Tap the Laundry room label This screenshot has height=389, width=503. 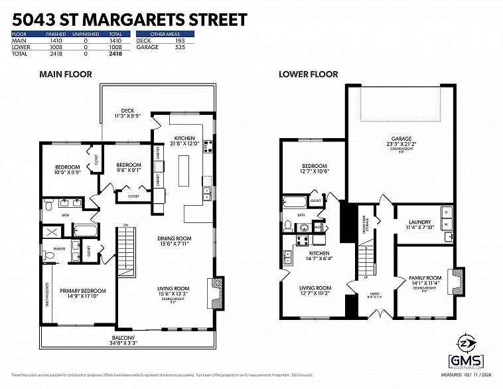tap(420, 222)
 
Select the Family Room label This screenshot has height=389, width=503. tap(425, 277)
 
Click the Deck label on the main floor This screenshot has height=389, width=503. tap(127, 111)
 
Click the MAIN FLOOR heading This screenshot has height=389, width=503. tap(65, 74)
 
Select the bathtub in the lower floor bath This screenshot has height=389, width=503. tap(293, 202)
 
